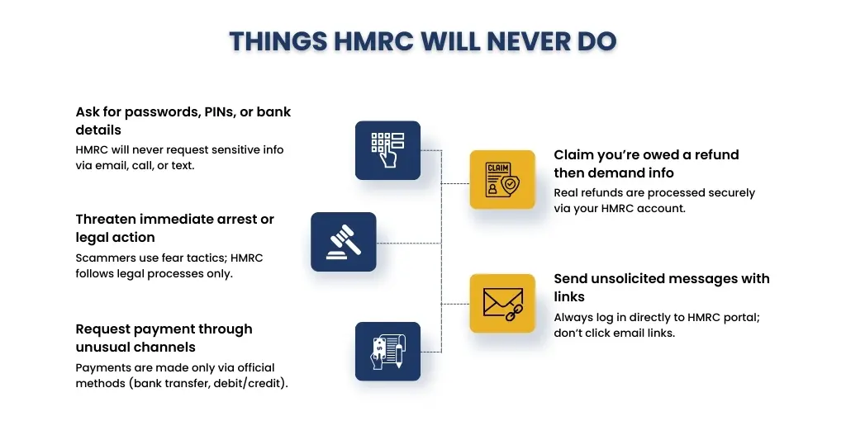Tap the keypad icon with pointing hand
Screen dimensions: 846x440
387,150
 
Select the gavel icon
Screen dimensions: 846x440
343,242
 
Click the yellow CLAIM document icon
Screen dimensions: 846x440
502,180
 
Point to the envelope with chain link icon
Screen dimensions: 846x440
502,304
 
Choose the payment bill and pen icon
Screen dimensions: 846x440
387,352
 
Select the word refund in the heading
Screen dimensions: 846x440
716,154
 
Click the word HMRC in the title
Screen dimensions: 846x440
374,41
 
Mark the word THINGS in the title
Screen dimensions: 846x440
278,41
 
